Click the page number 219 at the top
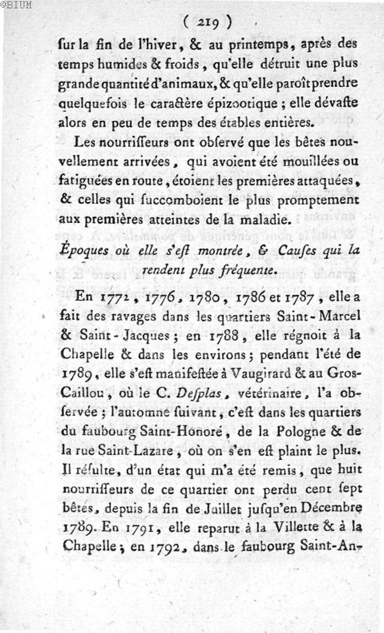[207, 22]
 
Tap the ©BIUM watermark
[16, 5]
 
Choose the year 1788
[224, 337]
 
